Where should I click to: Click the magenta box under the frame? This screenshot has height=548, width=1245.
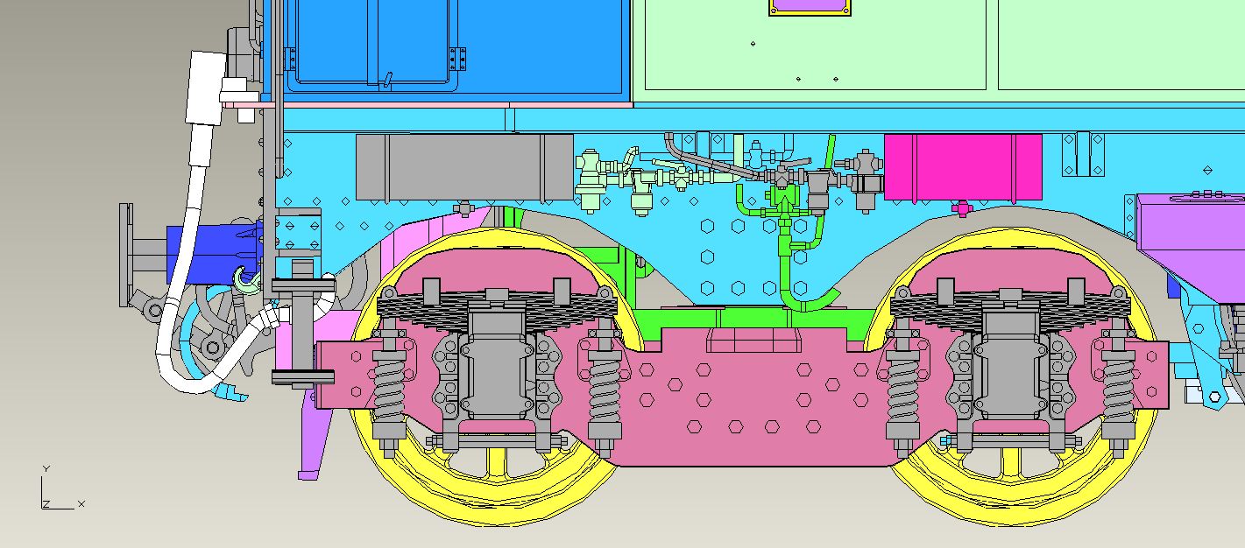click(963, 167)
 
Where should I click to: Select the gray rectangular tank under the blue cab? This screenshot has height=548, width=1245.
click(464, 167)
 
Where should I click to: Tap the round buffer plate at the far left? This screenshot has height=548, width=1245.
click(125, 255)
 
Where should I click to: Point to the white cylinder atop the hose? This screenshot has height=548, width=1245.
click(206, 88)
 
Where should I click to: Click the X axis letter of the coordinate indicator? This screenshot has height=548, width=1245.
click(81, 504)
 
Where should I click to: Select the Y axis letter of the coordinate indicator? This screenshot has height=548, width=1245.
click(46, 469)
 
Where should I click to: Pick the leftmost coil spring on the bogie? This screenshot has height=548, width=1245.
click(388, 389)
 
